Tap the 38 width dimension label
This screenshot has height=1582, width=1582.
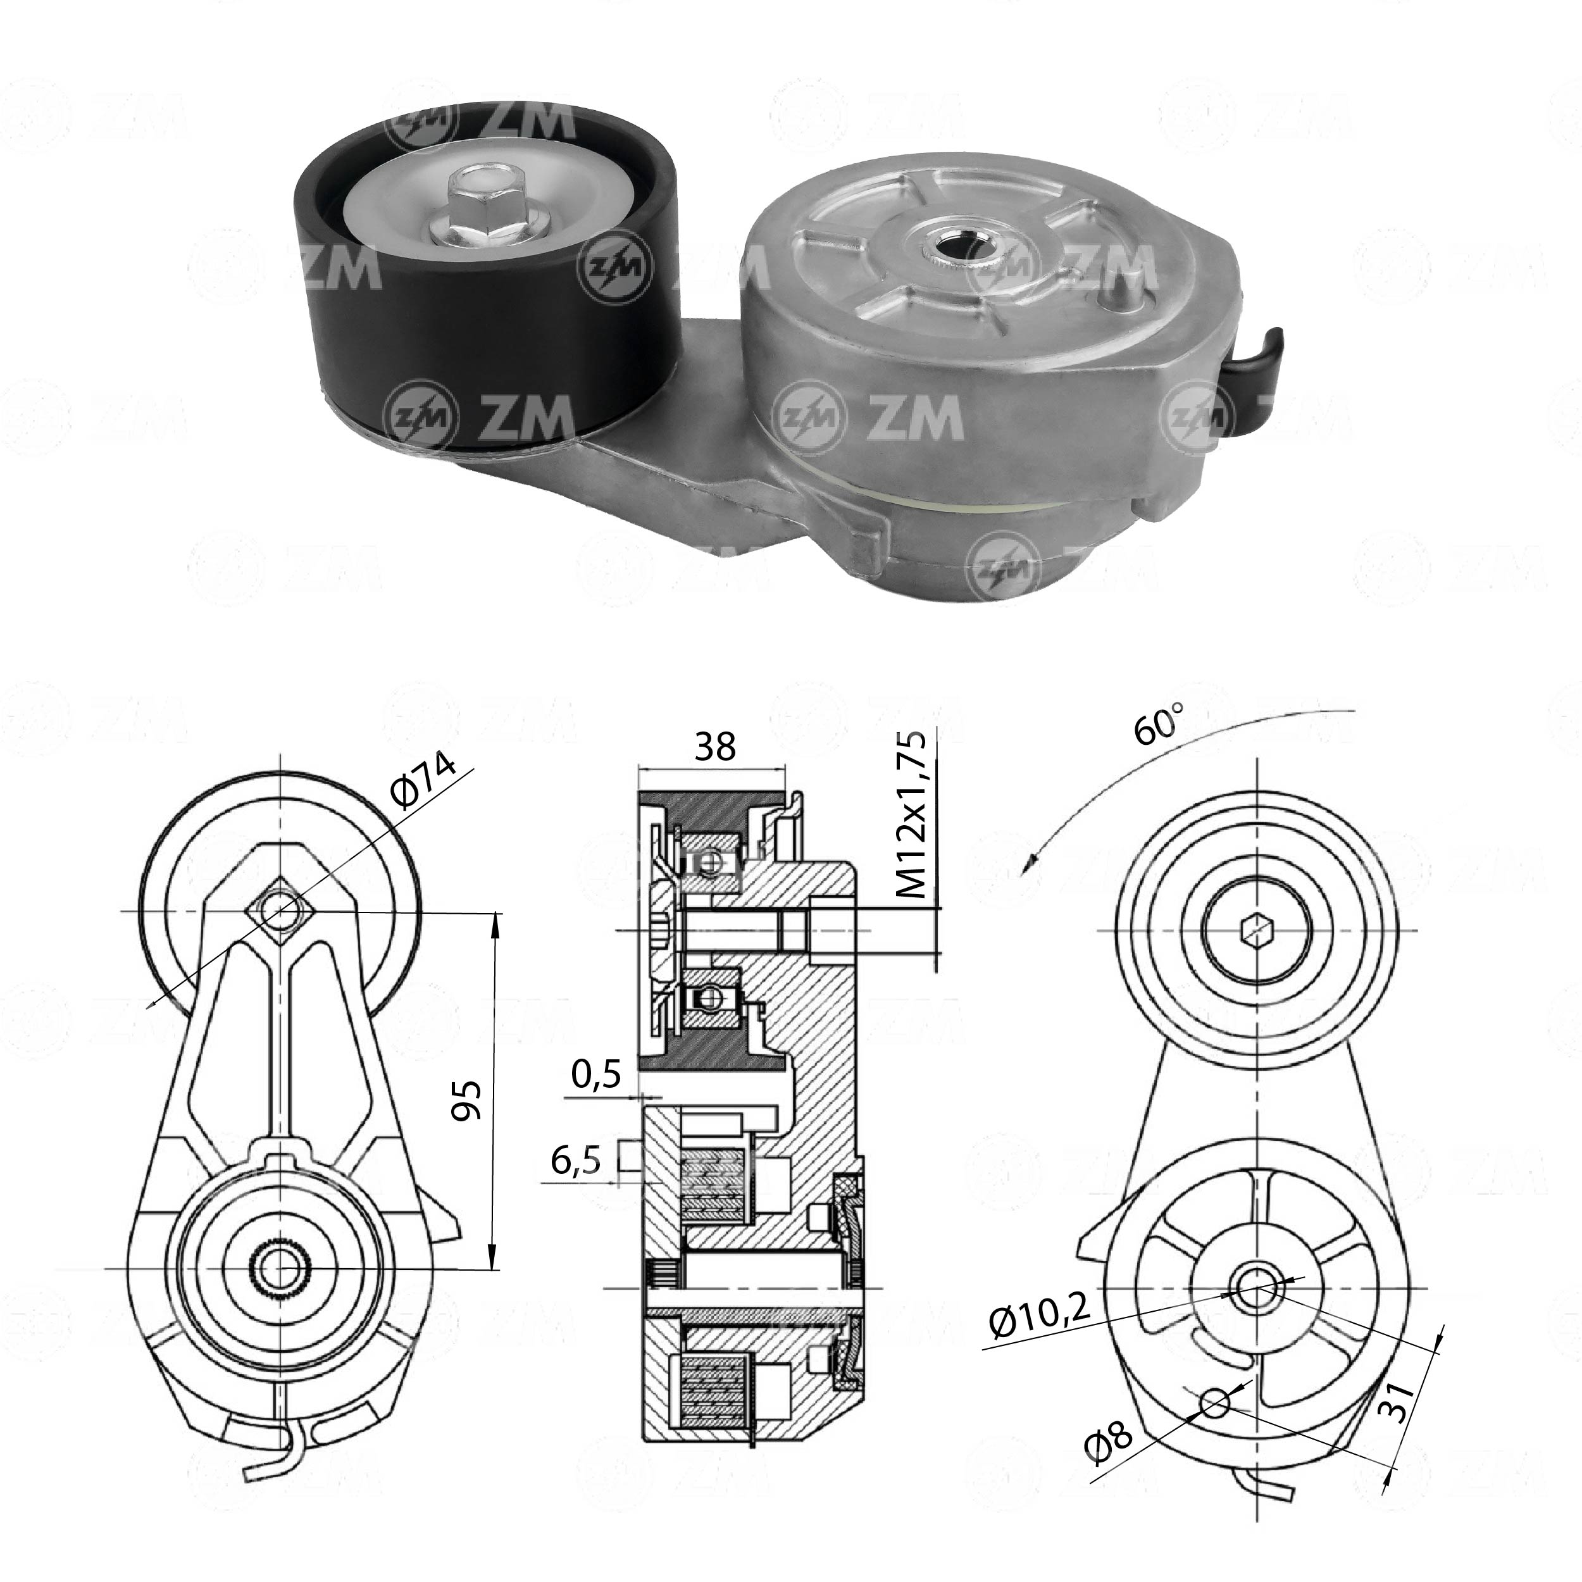click(715, 746)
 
